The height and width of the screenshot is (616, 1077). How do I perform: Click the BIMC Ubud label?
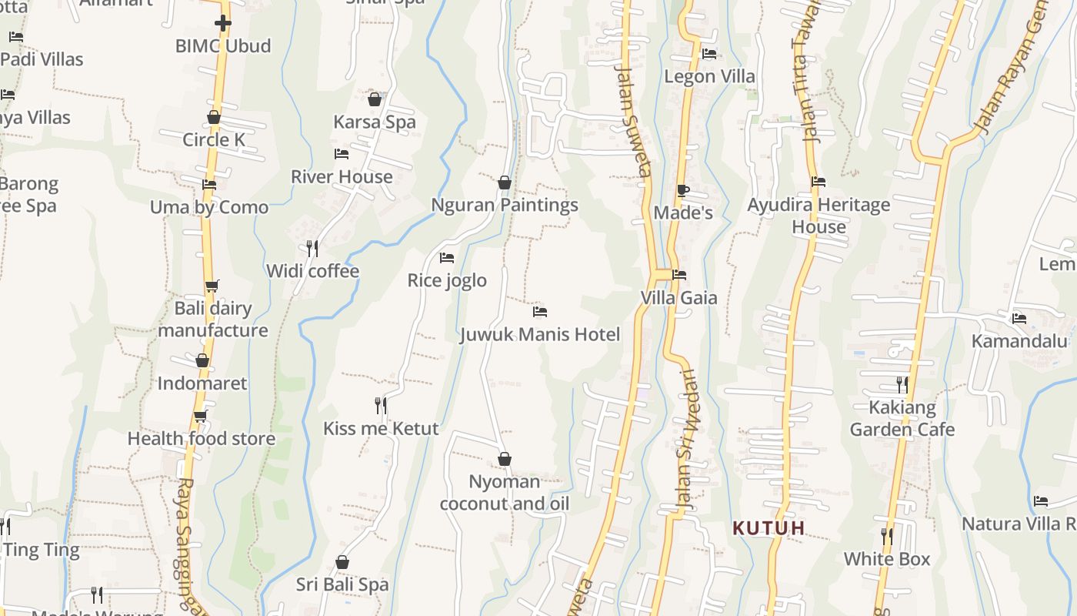click(223, 46)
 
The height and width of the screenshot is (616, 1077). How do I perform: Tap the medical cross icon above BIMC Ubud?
click(223, 23)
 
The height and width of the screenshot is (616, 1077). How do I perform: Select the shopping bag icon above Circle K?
click(214, 118)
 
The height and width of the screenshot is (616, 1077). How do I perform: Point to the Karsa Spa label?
click(375, 122)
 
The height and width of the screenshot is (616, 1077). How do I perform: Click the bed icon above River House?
click(342, 154)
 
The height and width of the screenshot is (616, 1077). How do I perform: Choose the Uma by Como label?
click(209, 207)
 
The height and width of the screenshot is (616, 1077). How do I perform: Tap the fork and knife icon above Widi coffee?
click(312, 248)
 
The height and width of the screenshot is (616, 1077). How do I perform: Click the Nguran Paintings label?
click(505, 206)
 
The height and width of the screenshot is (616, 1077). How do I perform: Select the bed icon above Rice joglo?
click(447, 258)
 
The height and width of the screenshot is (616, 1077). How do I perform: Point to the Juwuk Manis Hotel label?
click(540, 335)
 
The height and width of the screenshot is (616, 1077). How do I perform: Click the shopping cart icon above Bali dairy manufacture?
click(212, 286)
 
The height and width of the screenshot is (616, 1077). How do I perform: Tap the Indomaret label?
click(202, 383)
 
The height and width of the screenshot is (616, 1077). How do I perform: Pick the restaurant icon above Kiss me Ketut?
click(381, 405)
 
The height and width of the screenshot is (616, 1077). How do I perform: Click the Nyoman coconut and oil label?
click(505, 493)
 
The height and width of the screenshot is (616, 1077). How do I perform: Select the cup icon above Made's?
click(683, 190)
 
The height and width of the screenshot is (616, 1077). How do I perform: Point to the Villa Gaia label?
click(679, 298)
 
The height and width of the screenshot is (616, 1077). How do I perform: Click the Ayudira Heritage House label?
click(819, 216)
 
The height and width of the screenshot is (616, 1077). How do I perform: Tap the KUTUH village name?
click(769, 528)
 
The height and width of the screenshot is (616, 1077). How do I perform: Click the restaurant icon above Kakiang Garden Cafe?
click(902, 384)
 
